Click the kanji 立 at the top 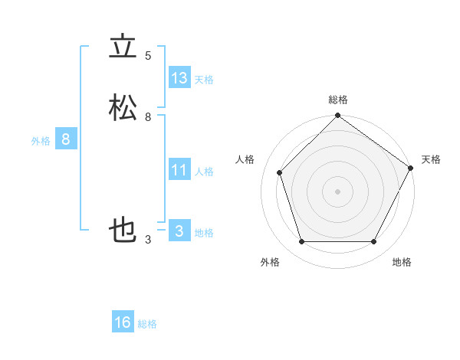[x=123, y=48]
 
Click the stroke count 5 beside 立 [x=148, y=56]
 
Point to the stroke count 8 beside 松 [x=148, y=117]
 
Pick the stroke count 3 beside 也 [x=148, y=241]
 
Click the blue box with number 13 [x=179, y=78]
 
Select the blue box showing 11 [x=179, y=170]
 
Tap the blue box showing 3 [x=179, y=231]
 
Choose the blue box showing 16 [x=123, y=322]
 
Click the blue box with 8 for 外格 [x=66, y=139]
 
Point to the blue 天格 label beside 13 [x=204, y=80]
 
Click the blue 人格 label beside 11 [x=204, y=172]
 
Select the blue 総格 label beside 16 [x=147, y=324]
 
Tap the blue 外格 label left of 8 [x=41, y=141]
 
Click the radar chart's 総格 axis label [x=337, y=100]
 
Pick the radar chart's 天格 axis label [x=431, y=159]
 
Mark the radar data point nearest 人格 [x=280, y=172]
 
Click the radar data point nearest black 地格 [x=373, y=241]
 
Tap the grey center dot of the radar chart [x=337, y=191]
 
